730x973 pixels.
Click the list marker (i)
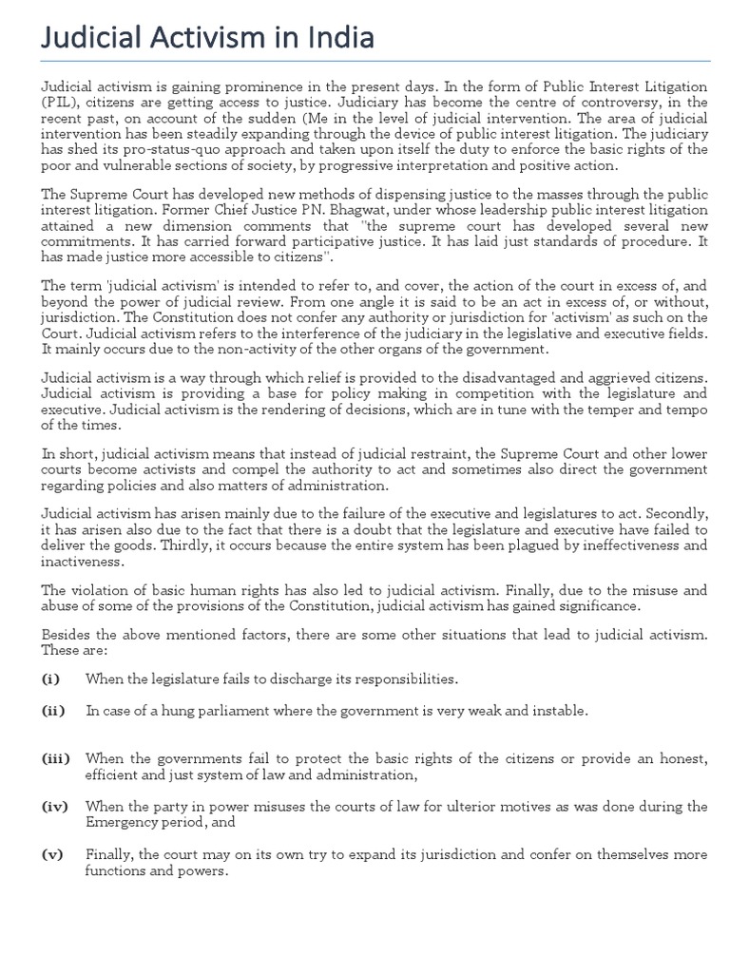50,678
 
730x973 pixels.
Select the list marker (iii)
55,758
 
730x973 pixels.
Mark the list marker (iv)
55,806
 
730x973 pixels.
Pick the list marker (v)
52,854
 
